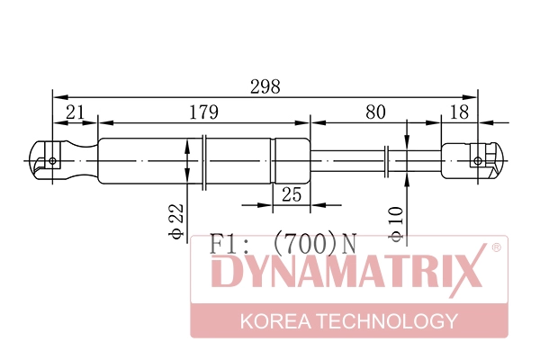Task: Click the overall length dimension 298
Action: [x=265, y=86]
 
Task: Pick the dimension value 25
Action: [x=291, y=194]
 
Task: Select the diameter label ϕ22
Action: [x=177, y=219]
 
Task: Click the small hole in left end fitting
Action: [x=52, y=161]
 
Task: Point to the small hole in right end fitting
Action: [x=477, y=161]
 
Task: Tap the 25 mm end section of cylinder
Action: [x=291, y=161]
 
